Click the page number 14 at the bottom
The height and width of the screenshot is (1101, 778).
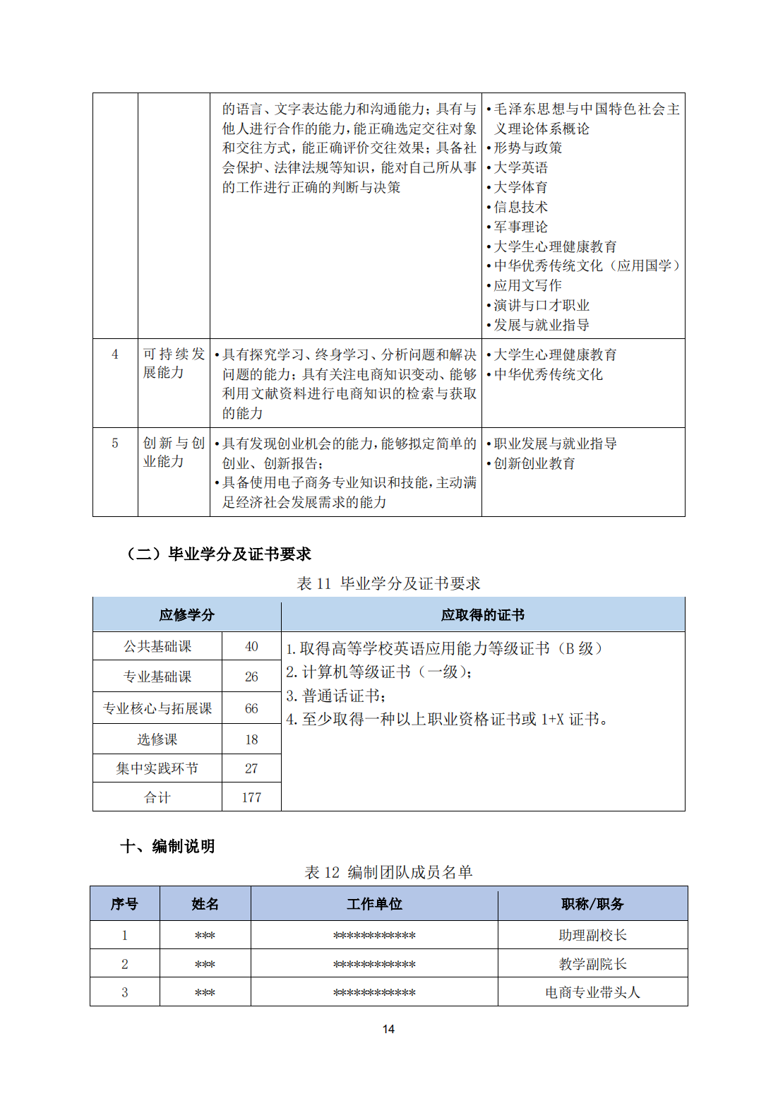click(x=388, y=1029)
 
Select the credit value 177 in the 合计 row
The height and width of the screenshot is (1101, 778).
click(x=251, y=797)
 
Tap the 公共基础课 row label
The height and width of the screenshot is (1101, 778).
click(x=157, y=646)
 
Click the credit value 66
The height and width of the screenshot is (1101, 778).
click(x=251, y=708)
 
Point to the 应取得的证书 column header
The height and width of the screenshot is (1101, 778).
click(x=483, y=615)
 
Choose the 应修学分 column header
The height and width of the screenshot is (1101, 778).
click(x=186, y=615)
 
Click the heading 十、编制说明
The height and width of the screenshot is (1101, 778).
click(x=167, y=846)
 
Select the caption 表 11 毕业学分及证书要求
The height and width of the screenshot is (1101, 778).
click(x=388, y=583)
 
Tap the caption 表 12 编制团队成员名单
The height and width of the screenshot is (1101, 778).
click(x=388, y=872)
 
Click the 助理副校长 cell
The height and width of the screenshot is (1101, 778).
click(x=592, y=935)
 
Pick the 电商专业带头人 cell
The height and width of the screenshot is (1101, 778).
click(x=592, y=992)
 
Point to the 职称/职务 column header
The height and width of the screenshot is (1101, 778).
click(x=592, y=904)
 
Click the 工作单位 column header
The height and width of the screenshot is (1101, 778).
click(x=374, y=904)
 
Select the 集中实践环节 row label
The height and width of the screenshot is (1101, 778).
click(x=157, y=768)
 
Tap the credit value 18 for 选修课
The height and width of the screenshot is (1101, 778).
click(x=251, y=739)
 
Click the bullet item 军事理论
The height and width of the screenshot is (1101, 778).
click(x=520, y=227)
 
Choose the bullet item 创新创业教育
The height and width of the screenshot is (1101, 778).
click(x=534, y=463)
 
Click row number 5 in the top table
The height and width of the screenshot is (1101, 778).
click(x=115, y=444)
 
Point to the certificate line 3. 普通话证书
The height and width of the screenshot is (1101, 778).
click(x=336, y=696)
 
